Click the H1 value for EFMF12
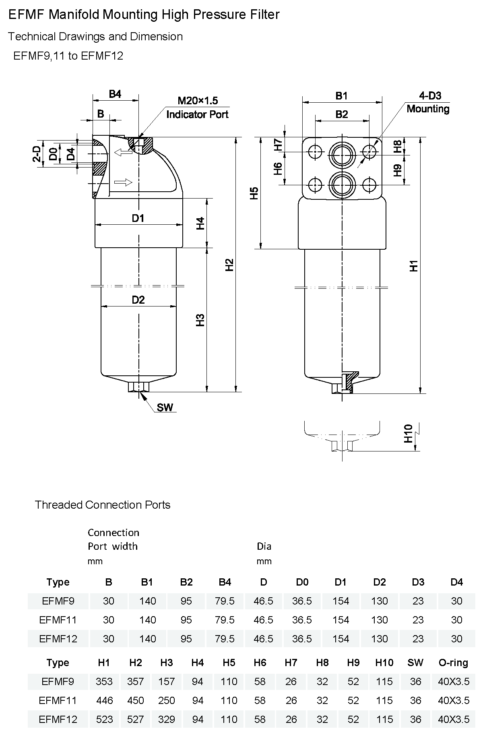[x=105, y=719]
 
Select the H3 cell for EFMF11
[x=167, y=700]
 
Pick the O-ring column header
[x=453, y=662]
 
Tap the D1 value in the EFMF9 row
[x=341, y=601]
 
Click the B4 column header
[x=225, y=582]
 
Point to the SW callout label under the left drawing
[x=165, y=407]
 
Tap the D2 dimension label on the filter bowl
[x=138, y=300]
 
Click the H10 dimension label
[x=408, y=434]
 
